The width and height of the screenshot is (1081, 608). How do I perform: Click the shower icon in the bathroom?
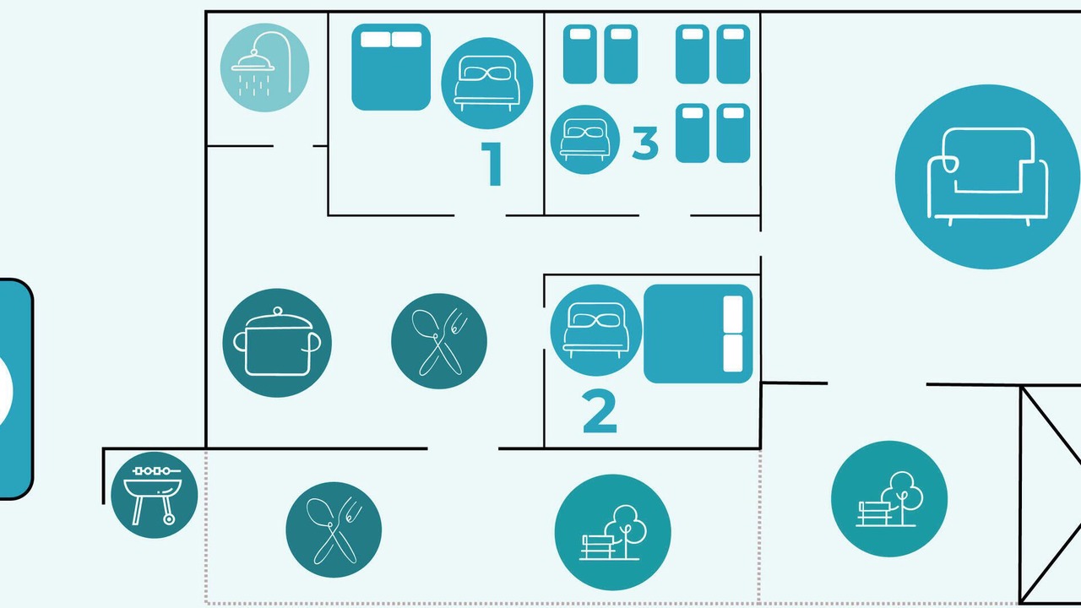pos(264,68)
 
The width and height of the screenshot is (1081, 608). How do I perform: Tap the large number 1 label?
pos(492,164)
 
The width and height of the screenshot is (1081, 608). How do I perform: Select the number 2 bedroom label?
pos(600,411)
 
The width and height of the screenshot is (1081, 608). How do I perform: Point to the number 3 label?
pos(645,143)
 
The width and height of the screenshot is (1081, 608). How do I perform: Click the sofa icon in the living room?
pos(987,176)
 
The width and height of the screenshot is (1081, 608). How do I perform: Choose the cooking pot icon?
pos(277,343)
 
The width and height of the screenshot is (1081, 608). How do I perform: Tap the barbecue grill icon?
pos(154,495)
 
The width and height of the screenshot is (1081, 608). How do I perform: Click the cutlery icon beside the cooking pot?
pos(438,341)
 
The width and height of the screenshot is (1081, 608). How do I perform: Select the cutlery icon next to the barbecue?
pos(334,529)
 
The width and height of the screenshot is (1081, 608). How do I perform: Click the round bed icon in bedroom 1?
pos(487,83)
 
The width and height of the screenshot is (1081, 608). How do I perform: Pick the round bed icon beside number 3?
pos(585,139)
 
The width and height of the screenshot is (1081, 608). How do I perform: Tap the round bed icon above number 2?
pos(596,330)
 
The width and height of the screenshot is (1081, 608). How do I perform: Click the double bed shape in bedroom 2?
pos(698,334)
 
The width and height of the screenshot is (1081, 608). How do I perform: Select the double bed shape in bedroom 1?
pos(391,67)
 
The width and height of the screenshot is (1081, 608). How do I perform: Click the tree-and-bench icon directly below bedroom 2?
pos(612,532)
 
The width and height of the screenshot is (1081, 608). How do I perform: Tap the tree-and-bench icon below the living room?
pos(889,499)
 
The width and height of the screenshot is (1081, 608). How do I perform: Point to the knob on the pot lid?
pos(278,310)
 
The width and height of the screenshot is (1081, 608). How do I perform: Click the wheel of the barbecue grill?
pos(169,519)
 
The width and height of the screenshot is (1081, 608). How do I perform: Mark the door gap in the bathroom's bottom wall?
pos(293,146)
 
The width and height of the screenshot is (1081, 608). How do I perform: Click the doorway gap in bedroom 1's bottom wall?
pos(480,215)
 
